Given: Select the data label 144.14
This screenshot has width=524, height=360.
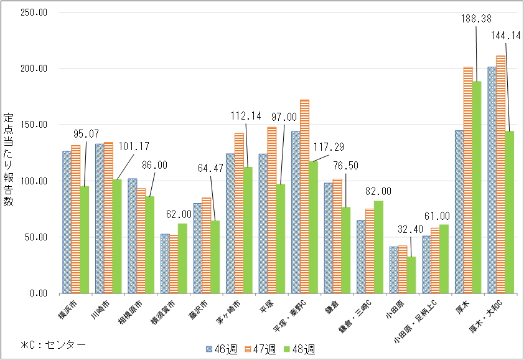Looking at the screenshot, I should [505, 35].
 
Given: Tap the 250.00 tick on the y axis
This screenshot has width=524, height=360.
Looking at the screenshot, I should [30, 12].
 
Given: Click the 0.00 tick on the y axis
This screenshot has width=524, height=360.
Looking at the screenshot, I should [34, 293].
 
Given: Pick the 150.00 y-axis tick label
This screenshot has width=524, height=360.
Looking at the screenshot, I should [30, 125].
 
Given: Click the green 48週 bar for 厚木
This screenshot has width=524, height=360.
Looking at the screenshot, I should [476, 187].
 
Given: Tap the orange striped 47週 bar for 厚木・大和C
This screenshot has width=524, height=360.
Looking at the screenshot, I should [500, 174].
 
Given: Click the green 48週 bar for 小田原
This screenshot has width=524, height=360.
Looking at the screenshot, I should [411, 275].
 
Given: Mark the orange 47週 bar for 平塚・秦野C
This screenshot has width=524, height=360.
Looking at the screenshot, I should [304, 196].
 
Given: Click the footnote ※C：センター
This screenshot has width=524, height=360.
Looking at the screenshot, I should [52, 344].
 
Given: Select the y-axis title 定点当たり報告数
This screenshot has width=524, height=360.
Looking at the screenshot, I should [9, 161].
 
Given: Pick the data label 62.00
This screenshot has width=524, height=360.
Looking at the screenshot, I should [179, 214].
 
